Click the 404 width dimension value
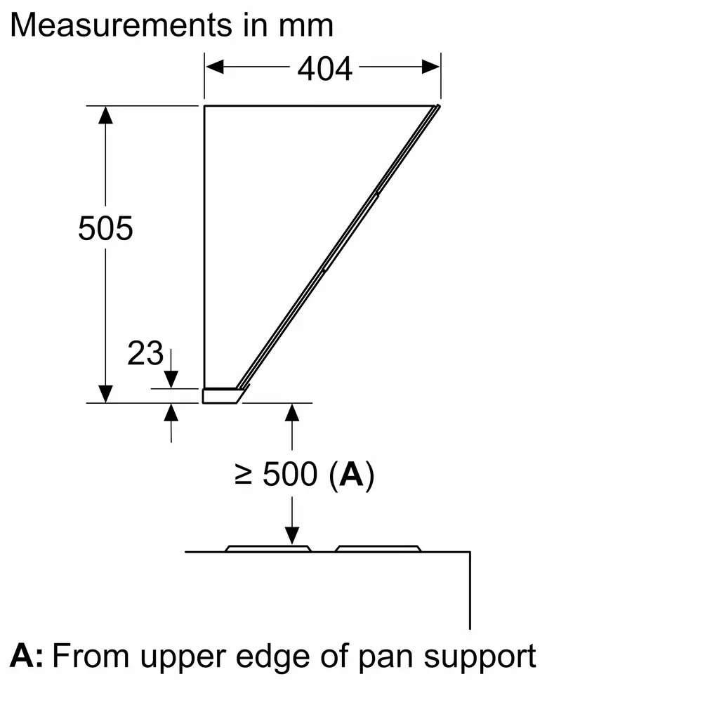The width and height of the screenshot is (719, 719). (x=324, y=69)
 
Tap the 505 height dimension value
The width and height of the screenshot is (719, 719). (x=105, y=228)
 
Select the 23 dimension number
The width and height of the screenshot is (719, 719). (x=145, y=353)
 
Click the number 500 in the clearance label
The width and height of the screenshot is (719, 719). (x=290, y=474)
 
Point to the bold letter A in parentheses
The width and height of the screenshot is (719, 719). (x=351, y=474)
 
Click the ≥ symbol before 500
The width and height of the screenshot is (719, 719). (x=243, y=474)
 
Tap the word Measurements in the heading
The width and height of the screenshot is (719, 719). (x=121, y=25)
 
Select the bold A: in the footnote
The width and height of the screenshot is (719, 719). (x=27, y=656)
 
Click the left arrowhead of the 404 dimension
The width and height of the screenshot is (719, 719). (x=215, y=67)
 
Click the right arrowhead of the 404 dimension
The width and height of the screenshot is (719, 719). (x=430, y=67)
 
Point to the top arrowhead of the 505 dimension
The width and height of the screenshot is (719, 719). (x=105, y=115)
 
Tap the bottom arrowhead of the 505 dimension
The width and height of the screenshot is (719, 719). (x=105, y=395)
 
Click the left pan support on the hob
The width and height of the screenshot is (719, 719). (x=268, y=548)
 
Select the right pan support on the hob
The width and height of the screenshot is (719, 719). (x=378, y=548)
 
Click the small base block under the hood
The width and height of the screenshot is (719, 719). (x=223, y=396)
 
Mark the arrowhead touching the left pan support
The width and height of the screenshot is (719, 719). (x=292, y=536)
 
